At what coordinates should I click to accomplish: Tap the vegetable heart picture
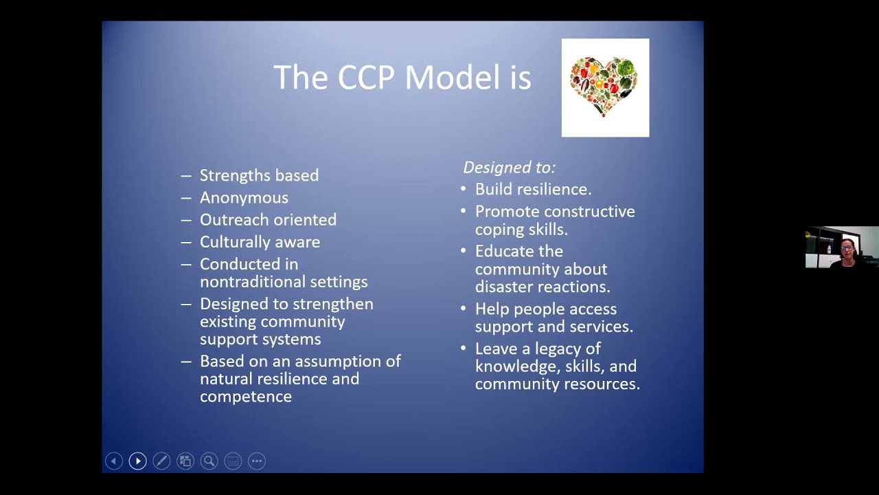click(605, 87)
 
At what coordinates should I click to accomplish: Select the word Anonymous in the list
click(244, 198)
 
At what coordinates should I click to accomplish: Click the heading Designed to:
click(509, 167)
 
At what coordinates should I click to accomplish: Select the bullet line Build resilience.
click(533, 189)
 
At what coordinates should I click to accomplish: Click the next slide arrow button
click(137, 461)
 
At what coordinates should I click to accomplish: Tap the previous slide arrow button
click(114, 461)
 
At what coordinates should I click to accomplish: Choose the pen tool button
click(161, 461)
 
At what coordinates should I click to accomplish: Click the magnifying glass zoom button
click(209, 461)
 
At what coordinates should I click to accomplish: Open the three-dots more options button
click(256, 461)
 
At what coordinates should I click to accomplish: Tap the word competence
click(245, 397)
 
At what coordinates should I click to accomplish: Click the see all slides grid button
click(185, 461)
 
